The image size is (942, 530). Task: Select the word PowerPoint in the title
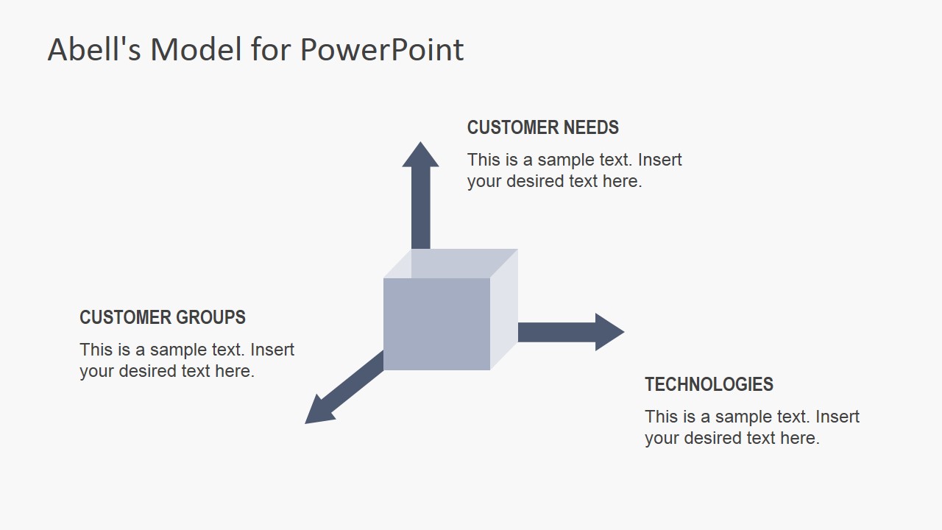point(382,50)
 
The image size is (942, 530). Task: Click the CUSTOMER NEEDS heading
point(542,127)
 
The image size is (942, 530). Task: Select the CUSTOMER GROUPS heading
point(163,317)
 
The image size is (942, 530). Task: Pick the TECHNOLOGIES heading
point(709,384)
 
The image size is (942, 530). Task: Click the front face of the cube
point(436,324)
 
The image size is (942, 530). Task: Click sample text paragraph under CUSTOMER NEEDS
point(574,170)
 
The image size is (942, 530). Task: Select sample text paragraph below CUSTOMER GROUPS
point(187,360)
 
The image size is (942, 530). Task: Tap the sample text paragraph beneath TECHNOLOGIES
point(752,427)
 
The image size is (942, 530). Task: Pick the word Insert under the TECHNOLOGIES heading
point(837,417)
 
